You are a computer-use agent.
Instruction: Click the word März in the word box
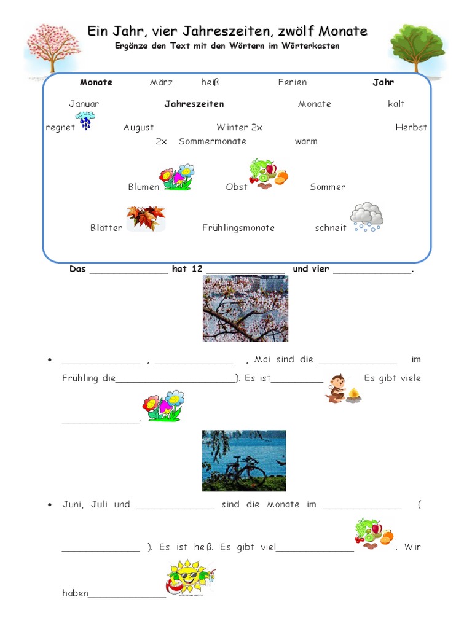point(161,82)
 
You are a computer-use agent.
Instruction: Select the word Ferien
point(292,82)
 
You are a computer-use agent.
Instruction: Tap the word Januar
point(84,104)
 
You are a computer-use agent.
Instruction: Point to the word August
point(138,127)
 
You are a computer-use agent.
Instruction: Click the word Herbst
point(411,127)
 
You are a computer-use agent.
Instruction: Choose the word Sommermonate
point(212,141)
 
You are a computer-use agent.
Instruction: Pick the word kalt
point(396,104)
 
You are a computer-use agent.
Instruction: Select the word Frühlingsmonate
point(238,228)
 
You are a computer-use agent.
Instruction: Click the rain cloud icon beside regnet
point(85,120)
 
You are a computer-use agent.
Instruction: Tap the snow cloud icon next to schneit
point(366,217)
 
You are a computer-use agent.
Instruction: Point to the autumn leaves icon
point(146,218)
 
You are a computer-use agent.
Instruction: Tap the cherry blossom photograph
point(245,308)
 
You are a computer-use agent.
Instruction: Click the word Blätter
point(106,228)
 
